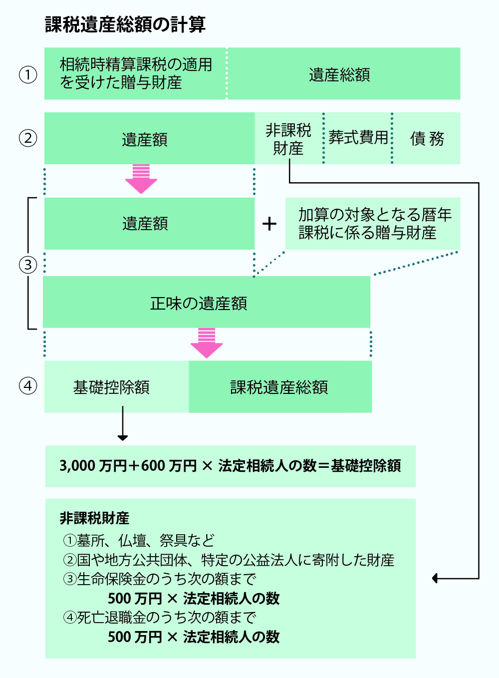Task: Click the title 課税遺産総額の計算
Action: [125, 24]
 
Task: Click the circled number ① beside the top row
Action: [28, 75]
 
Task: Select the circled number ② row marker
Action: [28, 138]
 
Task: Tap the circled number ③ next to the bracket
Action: [28, 265]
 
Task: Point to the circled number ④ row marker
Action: [28, 386]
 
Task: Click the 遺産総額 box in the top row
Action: [339, 74]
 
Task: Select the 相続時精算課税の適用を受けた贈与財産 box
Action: [135, 74]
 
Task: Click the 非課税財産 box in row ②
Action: [288, 139]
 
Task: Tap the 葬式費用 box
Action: [358, 138]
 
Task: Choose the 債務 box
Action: [427, 138]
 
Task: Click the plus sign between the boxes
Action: [269, 224]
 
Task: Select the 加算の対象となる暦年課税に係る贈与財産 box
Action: [373, 224]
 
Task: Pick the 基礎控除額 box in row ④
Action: [112, 387]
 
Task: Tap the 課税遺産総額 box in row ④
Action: [279, 387]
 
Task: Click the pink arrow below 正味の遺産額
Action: [207, 343]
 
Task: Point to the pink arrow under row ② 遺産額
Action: [141, 179]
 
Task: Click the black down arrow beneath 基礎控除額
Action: [123, 424]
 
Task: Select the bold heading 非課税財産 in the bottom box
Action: [94, 518]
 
